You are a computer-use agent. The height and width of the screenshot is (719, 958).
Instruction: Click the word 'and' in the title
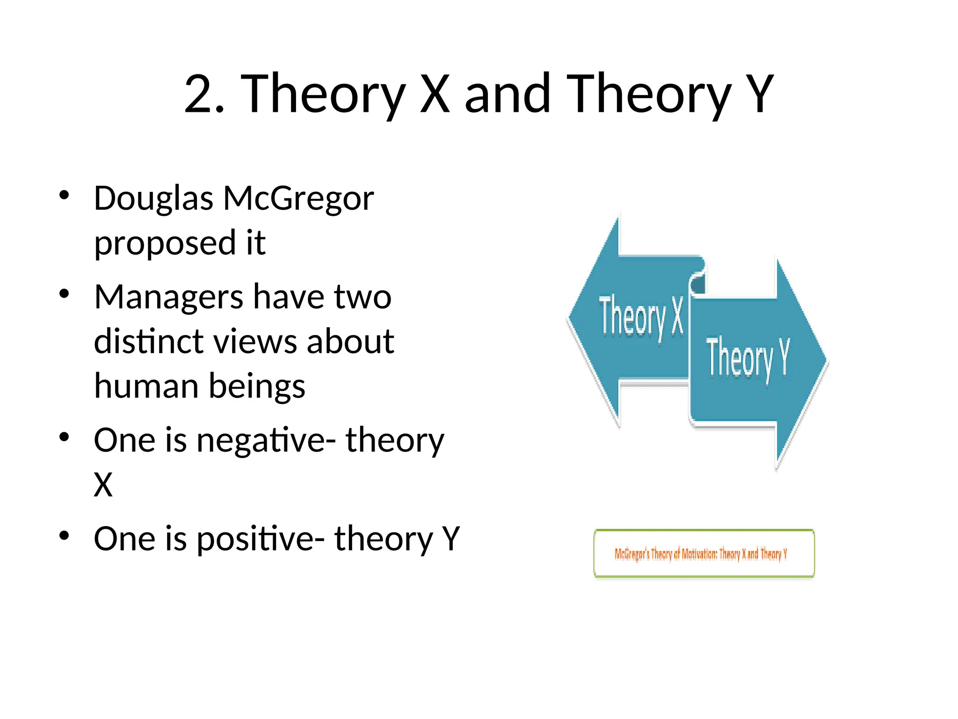coord(507,94)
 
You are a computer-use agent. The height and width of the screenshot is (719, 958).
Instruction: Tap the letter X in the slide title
coord(435,94)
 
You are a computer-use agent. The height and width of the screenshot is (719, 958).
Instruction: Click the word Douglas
coord(153,199)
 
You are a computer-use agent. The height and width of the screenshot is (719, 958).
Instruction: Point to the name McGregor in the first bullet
coord(298,199)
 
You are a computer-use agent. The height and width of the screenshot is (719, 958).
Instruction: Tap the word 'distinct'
coord(147,341)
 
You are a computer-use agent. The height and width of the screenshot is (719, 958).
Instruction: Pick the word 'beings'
coord(257,387)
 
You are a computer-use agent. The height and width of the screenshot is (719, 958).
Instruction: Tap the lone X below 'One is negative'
coord(103,484)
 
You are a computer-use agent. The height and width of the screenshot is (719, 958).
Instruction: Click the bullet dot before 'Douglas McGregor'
coord(65,195)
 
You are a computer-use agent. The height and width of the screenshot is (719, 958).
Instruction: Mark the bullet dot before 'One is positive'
coord(65,535)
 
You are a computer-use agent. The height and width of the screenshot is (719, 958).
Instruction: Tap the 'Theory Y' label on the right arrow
coord(748,358)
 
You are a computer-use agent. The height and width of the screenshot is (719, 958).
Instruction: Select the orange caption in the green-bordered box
coord(701,554)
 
